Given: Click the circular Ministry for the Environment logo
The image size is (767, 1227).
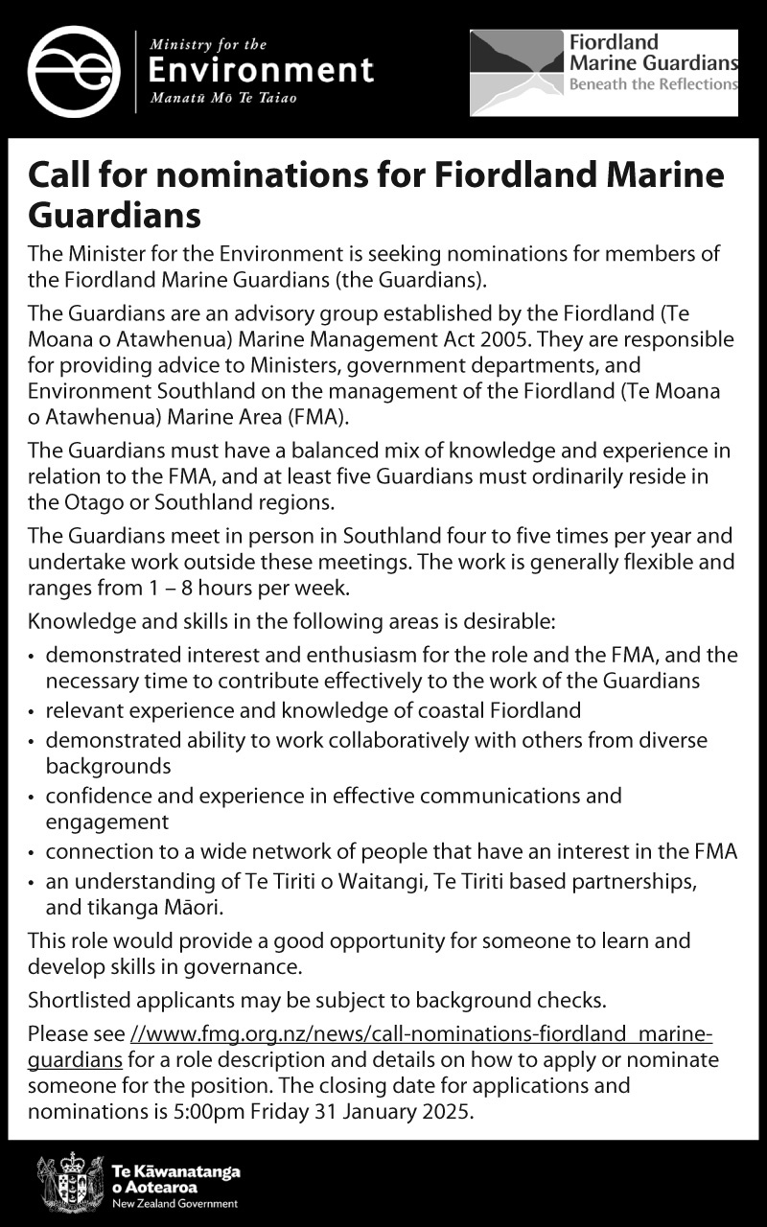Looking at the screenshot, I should tap(74, 71).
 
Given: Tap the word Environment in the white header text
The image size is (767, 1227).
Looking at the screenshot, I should tap(260, 70).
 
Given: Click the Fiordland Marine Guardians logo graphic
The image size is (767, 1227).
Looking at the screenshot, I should tap(516, 72).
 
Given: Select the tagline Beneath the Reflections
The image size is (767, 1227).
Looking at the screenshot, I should tap(653, 84).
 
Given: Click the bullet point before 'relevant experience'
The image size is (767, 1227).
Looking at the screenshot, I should tap(33, 712).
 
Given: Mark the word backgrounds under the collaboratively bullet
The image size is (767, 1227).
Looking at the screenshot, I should tap(108, 766).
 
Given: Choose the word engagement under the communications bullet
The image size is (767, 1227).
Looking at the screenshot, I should tap(107, 822).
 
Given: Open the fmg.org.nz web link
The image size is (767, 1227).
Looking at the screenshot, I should tap(422, 1035).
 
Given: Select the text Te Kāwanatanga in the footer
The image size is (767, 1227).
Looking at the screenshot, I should tap(175, 1172).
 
